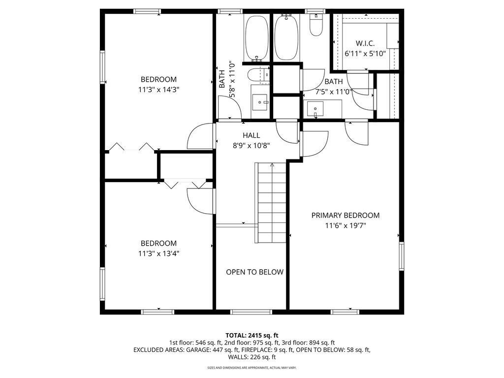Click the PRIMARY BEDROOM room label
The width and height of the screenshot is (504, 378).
(345, 216)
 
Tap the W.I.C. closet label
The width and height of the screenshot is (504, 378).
(365, 43)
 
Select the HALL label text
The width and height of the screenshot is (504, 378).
(252, 135)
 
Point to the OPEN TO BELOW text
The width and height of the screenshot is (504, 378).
(254, 272)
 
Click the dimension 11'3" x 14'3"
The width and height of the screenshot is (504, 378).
(158, 90)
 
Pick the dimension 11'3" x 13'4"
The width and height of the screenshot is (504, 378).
(158, 253)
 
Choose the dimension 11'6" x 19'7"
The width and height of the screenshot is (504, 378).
(346, 225)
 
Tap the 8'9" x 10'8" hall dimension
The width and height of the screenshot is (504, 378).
(252, 146)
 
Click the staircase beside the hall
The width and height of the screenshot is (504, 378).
(271, 203)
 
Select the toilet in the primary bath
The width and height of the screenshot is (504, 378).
(316, 25)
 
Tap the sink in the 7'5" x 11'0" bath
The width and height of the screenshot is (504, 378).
(315, 109)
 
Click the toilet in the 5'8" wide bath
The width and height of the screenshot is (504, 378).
(259, 76)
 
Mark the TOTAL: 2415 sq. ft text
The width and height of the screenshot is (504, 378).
(252, 336)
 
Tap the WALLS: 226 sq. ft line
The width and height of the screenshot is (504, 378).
(252, 357)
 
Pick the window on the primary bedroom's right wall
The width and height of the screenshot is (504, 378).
(402, 256)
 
